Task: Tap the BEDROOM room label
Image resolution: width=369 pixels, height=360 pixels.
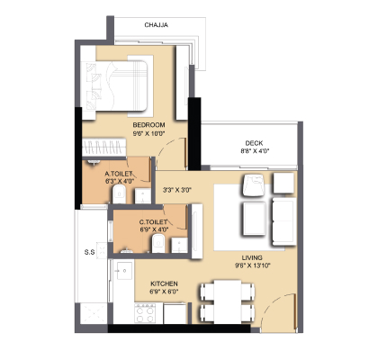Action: point(148,125)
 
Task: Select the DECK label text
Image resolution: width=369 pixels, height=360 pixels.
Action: point(254,143)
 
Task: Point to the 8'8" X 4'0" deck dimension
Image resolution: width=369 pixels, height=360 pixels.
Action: point(255,151)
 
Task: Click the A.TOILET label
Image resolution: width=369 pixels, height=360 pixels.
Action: point(119,174)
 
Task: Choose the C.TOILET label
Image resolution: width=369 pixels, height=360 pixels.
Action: point(153,222)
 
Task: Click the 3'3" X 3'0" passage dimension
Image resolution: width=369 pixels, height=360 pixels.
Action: point(177,190)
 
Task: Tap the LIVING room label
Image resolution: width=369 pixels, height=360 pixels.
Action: point(252,257)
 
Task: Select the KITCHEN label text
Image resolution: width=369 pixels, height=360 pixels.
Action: point(164,283)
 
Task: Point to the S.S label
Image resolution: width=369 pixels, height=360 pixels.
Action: point(89,252)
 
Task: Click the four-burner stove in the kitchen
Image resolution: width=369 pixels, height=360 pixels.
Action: point(145,313)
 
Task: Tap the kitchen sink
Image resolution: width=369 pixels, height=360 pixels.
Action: point(123,271)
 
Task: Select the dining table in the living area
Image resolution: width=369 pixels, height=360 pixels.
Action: point(228,301)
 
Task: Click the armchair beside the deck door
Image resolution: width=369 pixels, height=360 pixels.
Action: point(254,185)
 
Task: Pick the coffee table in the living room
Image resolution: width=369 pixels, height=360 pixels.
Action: point(254,219)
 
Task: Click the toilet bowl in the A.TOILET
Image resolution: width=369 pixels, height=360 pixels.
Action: point(119,194)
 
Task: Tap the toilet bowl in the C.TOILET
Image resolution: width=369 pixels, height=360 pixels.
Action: point(158,243)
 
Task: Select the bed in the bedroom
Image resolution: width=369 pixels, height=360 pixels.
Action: point(114,85)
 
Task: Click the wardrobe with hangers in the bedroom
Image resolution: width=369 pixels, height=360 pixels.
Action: point(103,147)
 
